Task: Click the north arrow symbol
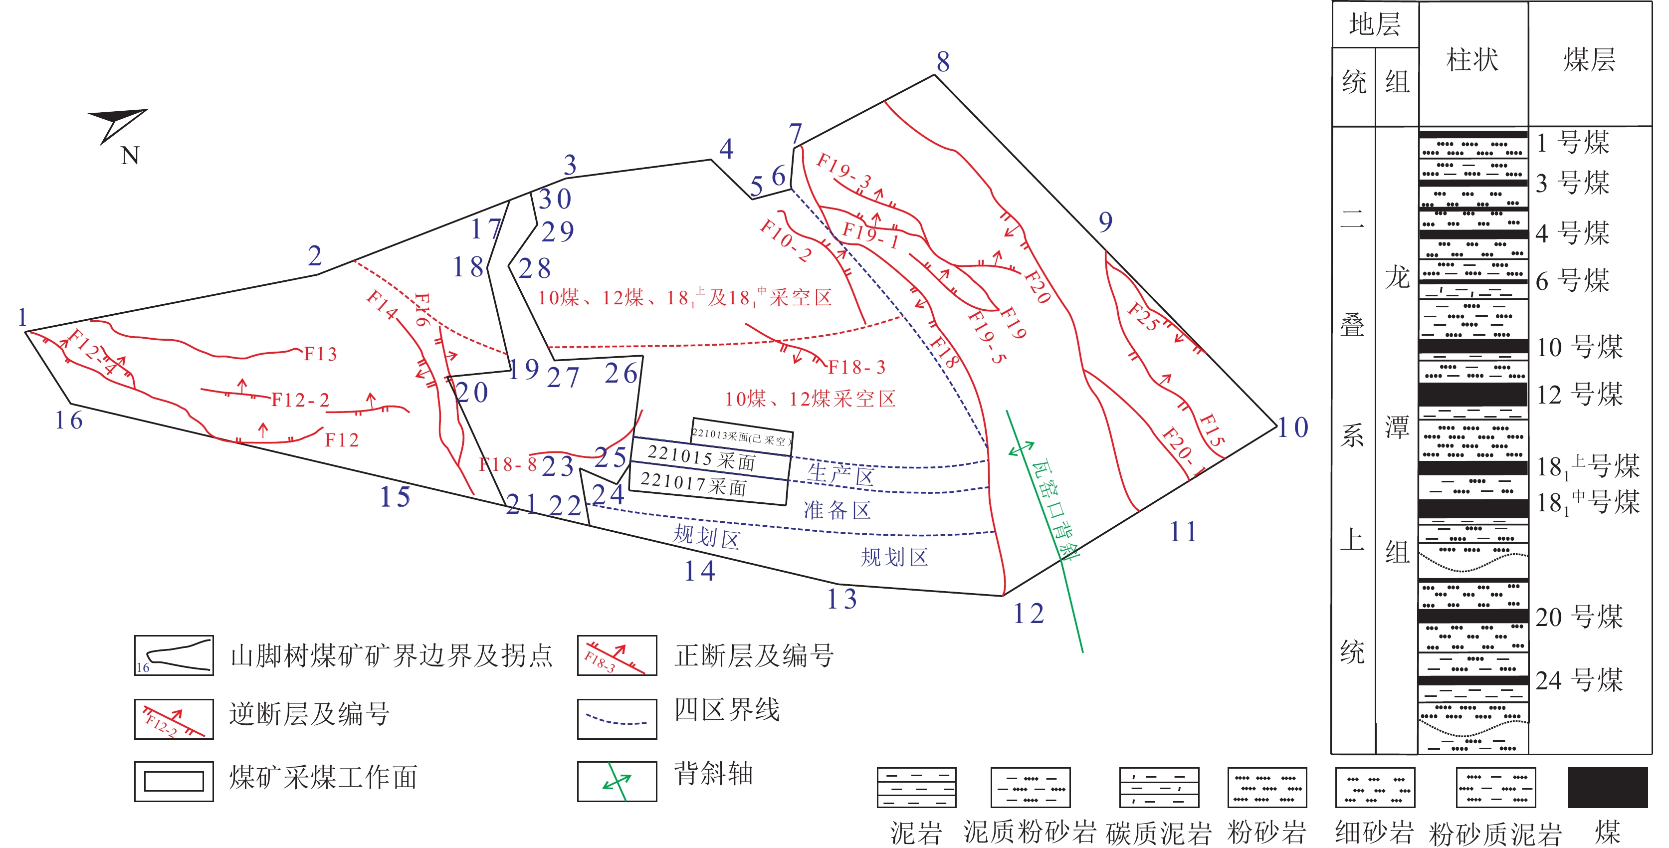click(118, 124)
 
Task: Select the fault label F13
click(321, 354)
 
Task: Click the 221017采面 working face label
click(693, 484)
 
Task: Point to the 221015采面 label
click(702, 458)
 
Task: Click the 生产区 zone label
click(840, 475)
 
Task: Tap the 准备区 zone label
click(837, 510)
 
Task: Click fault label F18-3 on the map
click(856, 367)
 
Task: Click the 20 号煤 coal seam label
click(1579, 616)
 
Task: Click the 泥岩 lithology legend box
click(916, 787)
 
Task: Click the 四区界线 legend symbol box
click(617, 719)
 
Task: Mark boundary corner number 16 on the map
click(69, 421)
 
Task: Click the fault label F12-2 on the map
click(300, 400)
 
